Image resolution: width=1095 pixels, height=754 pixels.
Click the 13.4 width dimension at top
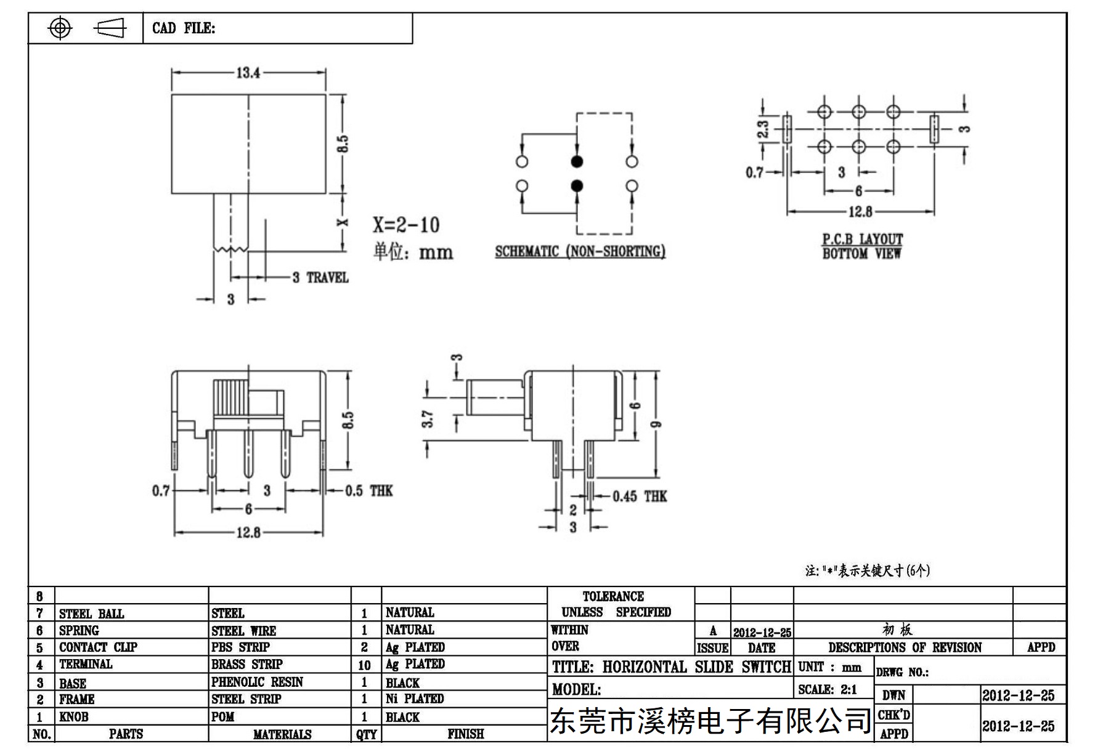[x=248, y=73]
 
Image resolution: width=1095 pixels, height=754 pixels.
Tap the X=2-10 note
[x=406, y=225]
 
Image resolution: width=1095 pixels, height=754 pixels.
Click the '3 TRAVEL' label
[x=320, y=278]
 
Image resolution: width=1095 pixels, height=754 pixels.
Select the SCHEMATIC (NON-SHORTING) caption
[x=580, y=251]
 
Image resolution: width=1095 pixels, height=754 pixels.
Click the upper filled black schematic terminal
[x=577, y=161]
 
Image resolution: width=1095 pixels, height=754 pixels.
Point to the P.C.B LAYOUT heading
[x=863, y=238]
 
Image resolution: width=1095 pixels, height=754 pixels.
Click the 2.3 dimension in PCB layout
[x=763, y=129]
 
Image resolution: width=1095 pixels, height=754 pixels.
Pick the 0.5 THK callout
[x=368, y=491]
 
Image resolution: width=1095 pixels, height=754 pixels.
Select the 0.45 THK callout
[x=640, y=497]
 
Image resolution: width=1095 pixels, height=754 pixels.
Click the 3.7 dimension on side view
[x=428, y=419]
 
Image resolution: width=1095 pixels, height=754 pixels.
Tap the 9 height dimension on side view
[x=656, y=424]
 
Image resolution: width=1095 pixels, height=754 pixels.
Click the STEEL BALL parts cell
[x=91, y=614]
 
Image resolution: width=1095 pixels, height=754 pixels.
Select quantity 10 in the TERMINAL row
[x=364, y=665]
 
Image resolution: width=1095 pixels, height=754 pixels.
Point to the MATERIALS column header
[x=282, y=734]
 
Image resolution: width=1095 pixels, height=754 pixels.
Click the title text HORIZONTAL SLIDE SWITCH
[x=697, y=667]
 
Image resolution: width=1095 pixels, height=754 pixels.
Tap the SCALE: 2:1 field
[x=828, y=690]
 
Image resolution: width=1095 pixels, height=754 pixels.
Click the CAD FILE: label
[x=184, y=28]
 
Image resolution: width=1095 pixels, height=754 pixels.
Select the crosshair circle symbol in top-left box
[x=60, y=28]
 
